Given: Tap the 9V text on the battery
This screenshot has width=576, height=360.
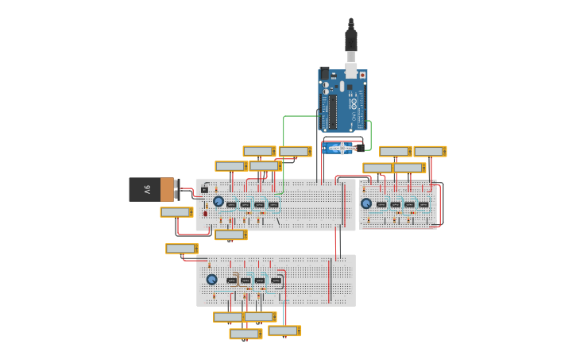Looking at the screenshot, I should pyautogui.click(x=146, y=189).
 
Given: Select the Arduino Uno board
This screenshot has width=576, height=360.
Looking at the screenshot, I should pyautogui.click(x=342, y=100).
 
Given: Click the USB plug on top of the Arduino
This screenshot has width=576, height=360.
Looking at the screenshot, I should pyautogui.click(x=350, y=40).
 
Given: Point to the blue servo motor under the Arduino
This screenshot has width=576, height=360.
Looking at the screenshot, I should pyautogui.click(x=342, y=148).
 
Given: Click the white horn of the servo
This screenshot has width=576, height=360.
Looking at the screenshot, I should pyautogui.click(x=342, y=147).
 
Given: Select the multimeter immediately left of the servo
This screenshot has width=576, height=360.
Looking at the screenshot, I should pyautogui.click(x=295, y=151).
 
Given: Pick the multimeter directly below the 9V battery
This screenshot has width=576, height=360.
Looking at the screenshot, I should pyautogui.click(x=176, y=212).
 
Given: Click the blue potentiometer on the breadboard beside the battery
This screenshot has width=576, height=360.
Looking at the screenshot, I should pyautogui.click(x=218, y=201).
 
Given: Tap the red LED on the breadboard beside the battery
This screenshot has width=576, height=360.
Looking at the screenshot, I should pyautogui.click(x=205, y=213).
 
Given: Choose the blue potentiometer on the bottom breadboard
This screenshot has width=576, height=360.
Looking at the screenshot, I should pyautogui.click(x=212, y=279).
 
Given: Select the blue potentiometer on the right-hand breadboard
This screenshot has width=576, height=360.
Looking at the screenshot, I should pyautogui.click(x=366, y=203).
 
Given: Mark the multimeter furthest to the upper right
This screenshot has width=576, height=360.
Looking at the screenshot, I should pyautogui.click(x=430, y=151).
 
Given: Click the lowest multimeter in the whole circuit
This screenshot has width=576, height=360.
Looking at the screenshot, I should pyautogui.click(x=245, y=334).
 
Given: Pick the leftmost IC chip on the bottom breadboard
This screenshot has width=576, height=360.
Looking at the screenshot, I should pyautogui.click(x=232, y=281).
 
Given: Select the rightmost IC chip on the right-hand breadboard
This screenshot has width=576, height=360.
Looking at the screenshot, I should pyautogui.click(x=423, y=204).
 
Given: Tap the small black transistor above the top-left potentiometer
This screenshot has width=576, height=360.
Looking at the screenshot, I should pyautogui.click(x=204, y=190).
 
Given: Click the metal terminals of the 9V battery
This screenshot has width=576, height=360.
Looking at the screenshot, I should pyautogui.click(x=177, y=189).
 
